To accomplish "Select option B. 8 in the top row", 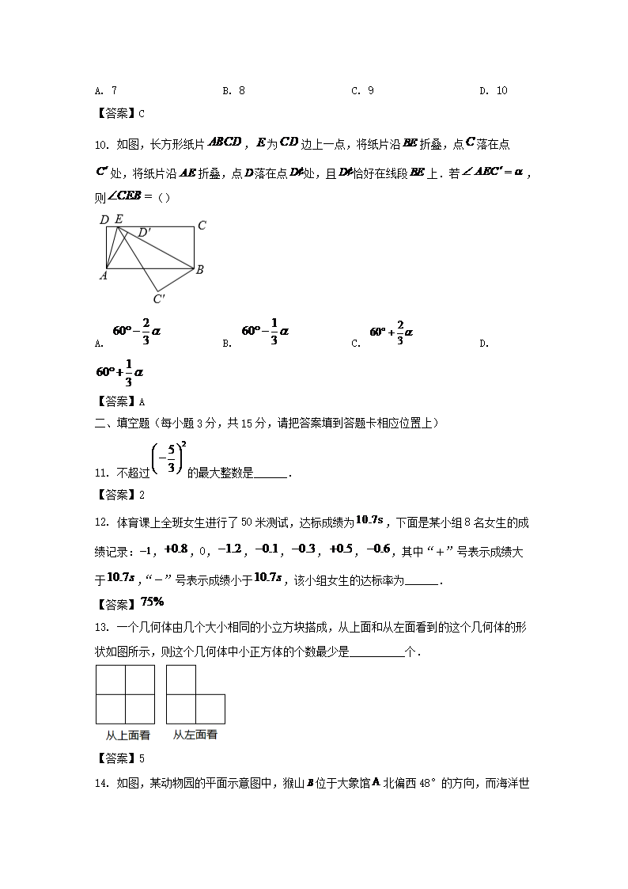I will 233,90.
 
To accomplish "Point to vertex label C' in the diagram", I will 159,298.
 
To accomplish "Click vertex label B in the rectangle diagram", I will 200,270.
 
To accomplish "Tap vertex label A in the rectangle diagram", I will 102,275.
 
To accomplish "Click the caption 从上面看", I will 128,735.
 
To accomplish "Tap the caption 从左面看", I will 195,735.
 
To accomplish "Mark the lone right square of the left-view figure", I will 210,709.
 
